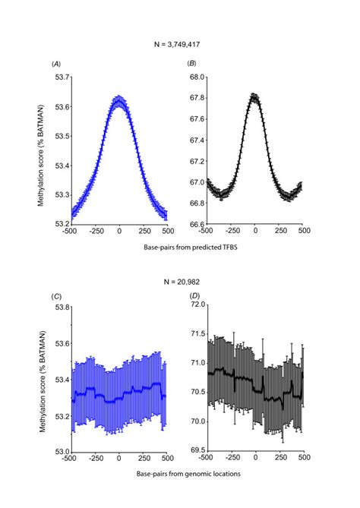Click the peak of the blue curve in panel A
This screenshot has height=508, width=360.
click(118, 100)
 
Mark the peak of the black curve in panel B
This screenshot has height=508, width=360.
click(254, 96)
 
